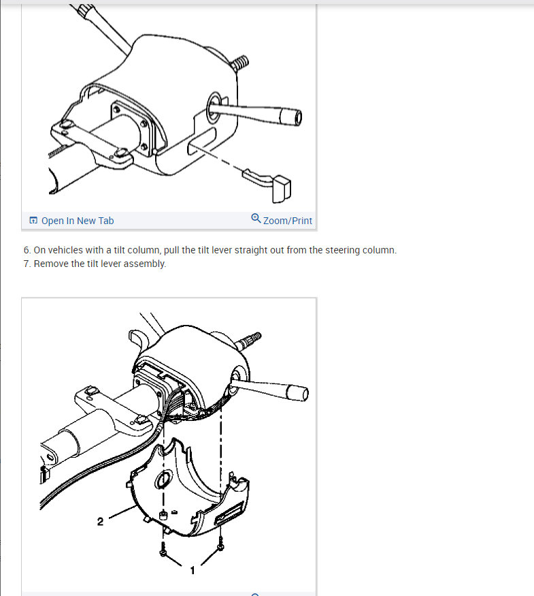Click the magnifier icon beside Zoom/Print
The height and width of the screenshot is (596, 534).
coord(256,219)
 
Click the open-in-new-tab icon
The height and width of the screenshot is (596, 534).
coord(33,221)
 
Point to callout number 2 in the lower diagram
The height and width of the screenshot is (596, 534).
coord(100,522)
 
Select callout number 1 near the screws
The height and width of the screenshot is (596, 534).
coord(193,571)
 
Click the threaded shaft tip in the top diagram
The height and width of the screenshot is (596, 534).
coord(240,63)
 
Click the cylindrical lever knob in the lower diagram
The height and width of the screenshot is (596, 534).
coord(297,393)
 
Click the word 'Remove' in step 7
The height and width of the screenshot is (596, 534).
coord(46,264)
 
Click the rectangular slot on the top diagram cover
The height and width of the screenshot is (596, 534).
coord(201,140)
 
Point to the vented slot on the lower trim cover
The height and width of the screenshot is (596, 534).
coord(229,514)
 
